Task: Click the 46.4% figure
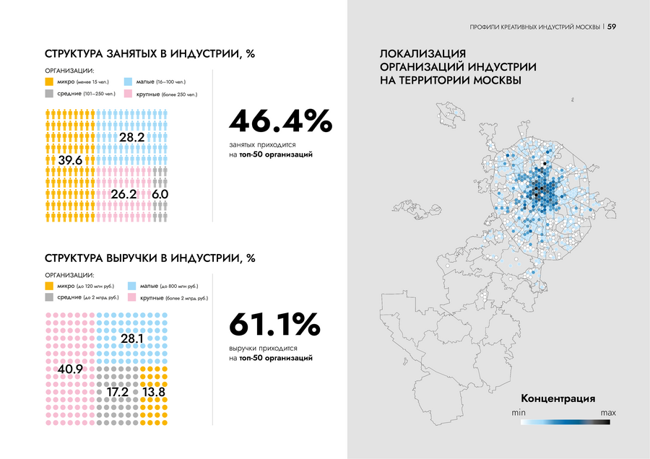(280, 121)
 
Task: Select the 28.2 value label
(132, 137)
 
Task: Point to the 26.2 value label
(123, 194)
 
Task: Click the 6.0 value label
(160, 194)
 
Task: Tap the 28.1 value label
(132, 338)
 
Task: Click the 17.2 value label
(117, 392)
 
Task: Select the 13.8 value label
(154, 392)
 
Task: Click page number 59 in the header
(612, 27)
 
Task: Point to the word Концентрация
(557, 398)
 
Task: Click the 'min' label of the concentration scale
(518, 412)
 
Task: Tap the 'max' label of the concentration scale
(607, 412)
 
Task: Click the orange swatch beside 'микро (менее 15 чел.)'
(49, 82)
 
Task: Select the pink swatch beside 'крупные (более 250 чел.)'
(129, 94)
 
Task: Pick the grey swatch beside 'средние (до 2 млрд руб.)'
(49, 297)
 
